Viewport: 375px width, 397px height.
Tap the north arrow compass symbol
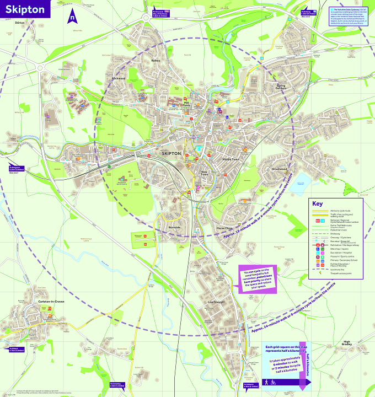tap(72, 17)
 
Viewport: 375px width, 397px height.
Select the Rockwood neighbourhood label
tap(119, 78)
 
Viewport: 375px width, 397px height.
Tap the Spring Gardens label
tap(281, 87)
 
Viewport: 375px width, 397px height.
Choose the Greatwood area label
tap(280, 169)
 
